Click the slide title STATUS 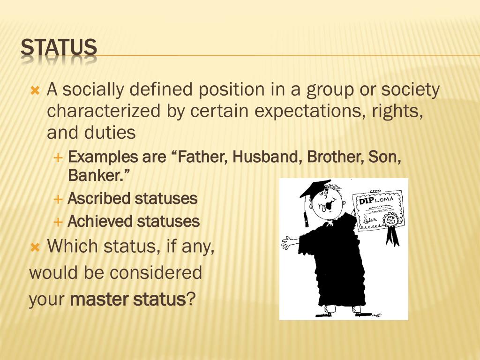click(59, 48)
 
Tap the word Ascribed click(99, 199)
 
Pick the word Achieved click(99, 221)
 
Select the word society click(410, 90)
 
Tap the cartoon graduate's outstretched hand click(288, 243)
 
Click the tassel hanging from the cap click(306, 213)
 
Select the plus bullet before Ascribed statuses click(58, 199)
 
